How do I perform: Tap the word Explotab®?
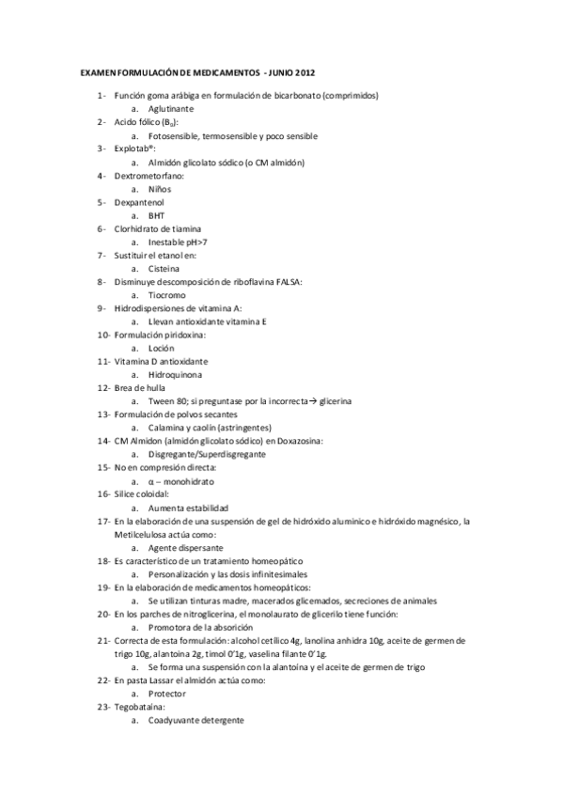pos(135,148)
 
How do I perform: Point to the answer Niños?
pos(161,188)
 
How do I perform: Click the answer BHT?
pos(156,214)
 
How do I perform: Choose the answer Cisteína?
pos(165,268)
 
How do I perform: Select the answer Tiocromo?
pos(167,294)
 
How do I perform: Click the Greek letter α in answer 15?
pos(151,480)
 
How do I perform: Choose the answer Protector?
pos(167,693)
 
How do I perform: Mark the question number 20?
pos(103,613)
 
